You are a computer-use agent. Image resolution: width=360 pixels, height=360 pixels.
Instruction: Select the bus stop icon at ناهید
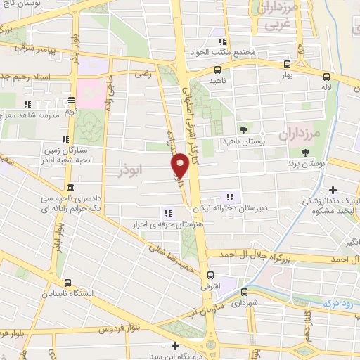click(x=217, y=70)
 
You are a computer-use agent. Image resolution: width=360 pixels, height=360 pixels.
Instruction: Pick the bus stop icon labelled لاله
click(x=326, y=77)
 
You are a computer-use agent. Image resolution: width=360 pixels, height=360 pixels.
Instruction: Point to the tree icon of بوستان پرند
click(x=305, y=153)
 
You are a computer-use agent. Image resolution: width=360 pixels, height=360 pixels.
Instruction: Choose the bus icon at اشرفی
click(x=210, y=276)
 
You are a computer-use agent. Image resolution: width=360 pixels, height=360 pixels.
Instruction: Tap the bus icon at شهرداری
click(x=243, y=291)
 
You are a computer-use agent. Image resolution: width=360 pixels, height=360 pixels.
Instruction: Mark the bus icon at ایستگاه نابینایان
click(x=67, y=283)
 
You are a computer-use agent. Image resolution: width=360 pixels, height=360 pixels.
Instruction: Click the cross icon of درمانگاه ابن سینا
click(x=174, y=345)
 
